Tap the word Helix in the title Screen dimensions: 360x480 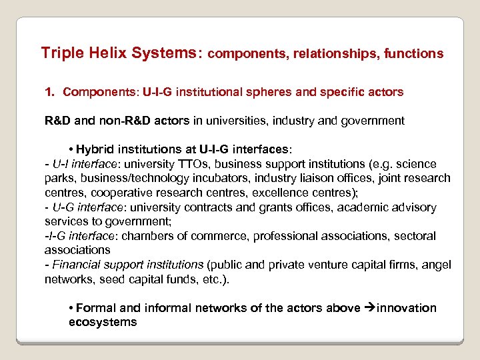tap(101, 52)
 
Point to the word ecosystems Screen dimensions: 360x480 tap(103, 322)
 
